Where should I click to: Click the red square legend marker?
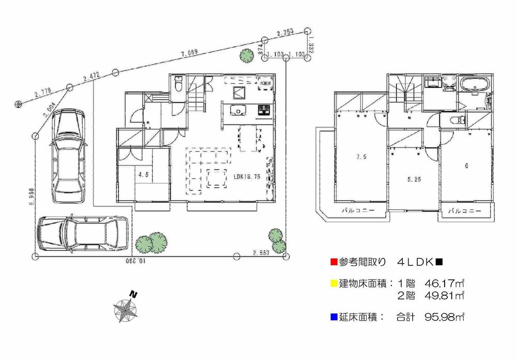point(333,262)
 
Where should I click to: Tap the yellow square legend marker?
point(333,283)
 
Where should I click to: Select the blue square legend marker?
point(333,317)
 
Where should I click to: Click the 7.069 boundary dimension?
point(190,52)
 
